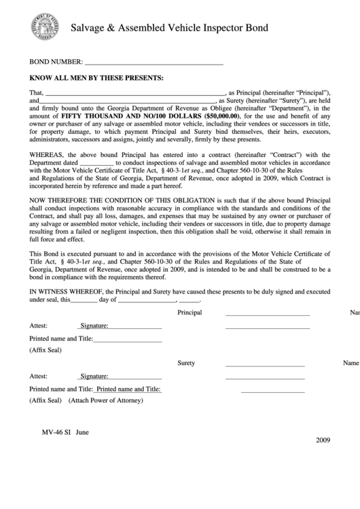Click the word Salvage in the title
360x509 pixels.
[x=91, y=28]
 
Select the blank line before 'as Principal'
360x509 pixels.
[x=134, y=93]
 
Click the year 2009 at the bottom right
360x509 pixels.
[x=322, y=440]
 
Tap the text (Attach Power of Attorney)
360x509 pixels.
[x=105, y=400]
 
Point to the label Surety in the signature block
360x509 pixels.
[x=186, y=363]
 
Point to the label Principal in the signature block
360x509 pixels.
[x=190, y=313]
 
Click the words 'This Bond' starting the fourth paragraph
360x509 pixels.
[x=43, y=253]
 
